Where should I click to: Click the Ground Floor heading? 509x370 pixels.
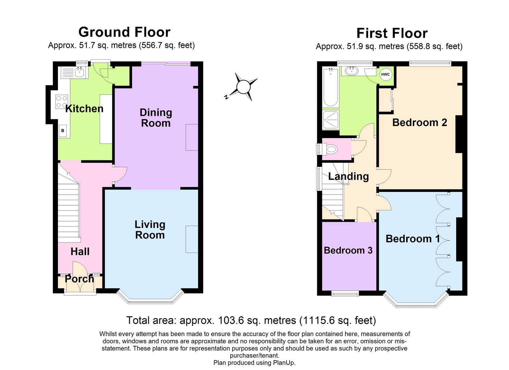tap(124, 32)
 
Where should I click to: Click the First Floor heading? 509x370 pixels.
tap(392, 33)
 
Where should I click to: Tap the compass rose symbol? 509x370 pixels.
tap(243, 87)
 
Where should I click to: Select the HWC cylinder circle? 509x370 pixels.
tap(385, 74)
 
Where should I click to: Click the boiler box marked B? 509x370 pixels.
tap(63, 131)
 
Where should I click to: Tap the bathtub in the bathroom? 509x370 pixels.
tap(330, 87)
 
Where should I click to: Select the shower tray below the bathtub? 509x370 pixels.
tap(331, 120)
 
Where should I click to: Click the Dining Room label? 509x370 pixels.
tap(156, 118)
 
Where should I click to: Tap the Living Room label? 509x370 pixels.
tap(150, 230)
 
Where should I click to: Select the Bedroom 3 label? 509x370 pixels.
tap(348, 250)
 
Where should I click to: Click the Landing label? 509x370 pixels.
tap(348, 176)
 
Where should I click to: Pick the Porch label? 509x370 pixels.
tap(79, 279)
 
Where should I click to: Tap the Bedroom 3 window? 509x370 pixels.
tap(345, 293)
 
